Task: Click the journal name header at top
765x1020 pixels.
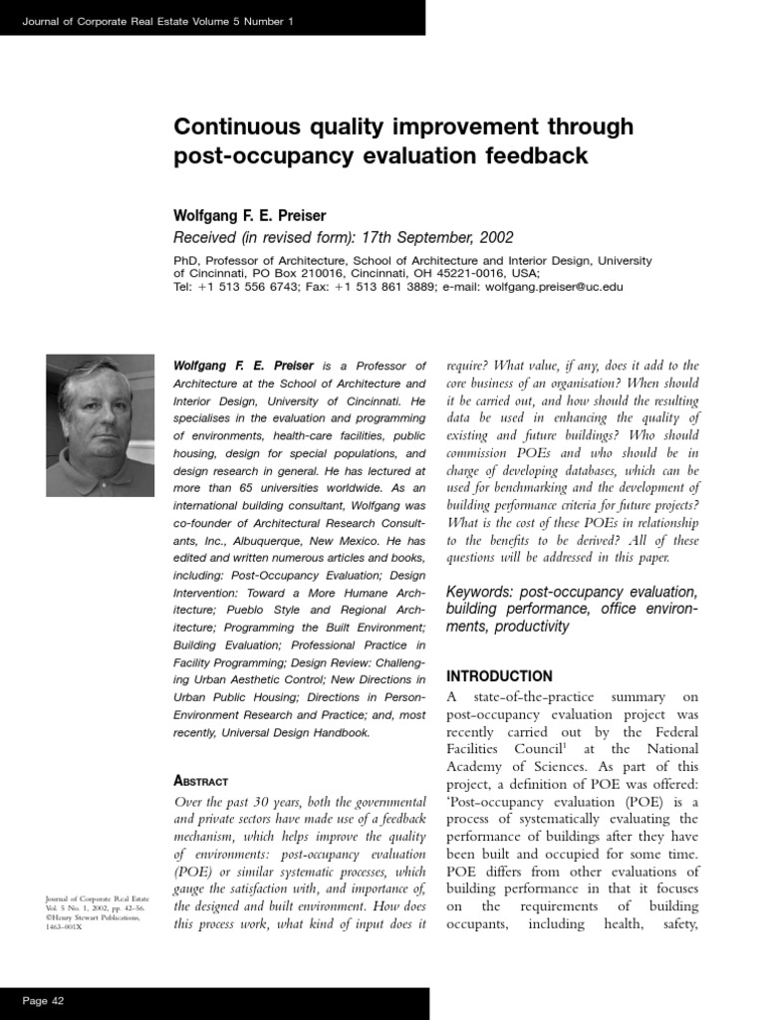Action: coord(157,22)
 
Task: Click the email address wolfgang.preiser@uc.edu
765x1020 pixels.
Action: coord(553,286)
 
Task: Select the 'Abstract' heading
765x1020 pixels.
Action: coord(201,781)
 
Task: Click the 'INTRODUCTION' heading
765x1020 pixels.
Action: coord(499,676)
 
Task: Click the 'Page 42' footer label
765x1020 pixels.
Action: coord(43,1000)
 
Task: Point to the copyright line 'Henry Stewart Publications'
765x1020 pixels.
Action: coord(97,918)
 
